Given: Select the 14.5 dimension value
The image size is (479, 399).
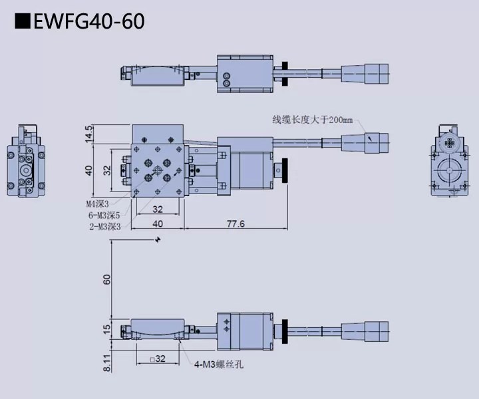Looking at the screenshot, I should tap(88, 133).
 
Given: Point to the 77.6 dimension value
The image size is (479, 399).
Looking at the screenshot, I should tap(235, 224).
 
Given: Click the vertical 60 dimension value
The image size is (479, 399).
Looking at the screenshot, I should tap(107, 279).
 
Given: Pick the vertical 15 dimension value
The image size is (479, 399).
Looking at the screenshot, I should tap(107, 328).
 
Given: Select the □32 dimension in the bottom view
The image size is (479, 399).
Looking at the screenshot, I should tap(158, 358).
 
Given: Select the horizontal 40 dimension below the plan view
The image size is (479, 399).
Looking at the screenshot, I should tap(158, 224).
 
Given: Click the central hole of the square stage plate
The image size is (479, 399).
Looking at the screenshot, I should tap(158, 171).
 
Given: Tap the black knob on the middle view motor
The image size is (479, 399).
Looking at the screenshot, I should tap(287, 171).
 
